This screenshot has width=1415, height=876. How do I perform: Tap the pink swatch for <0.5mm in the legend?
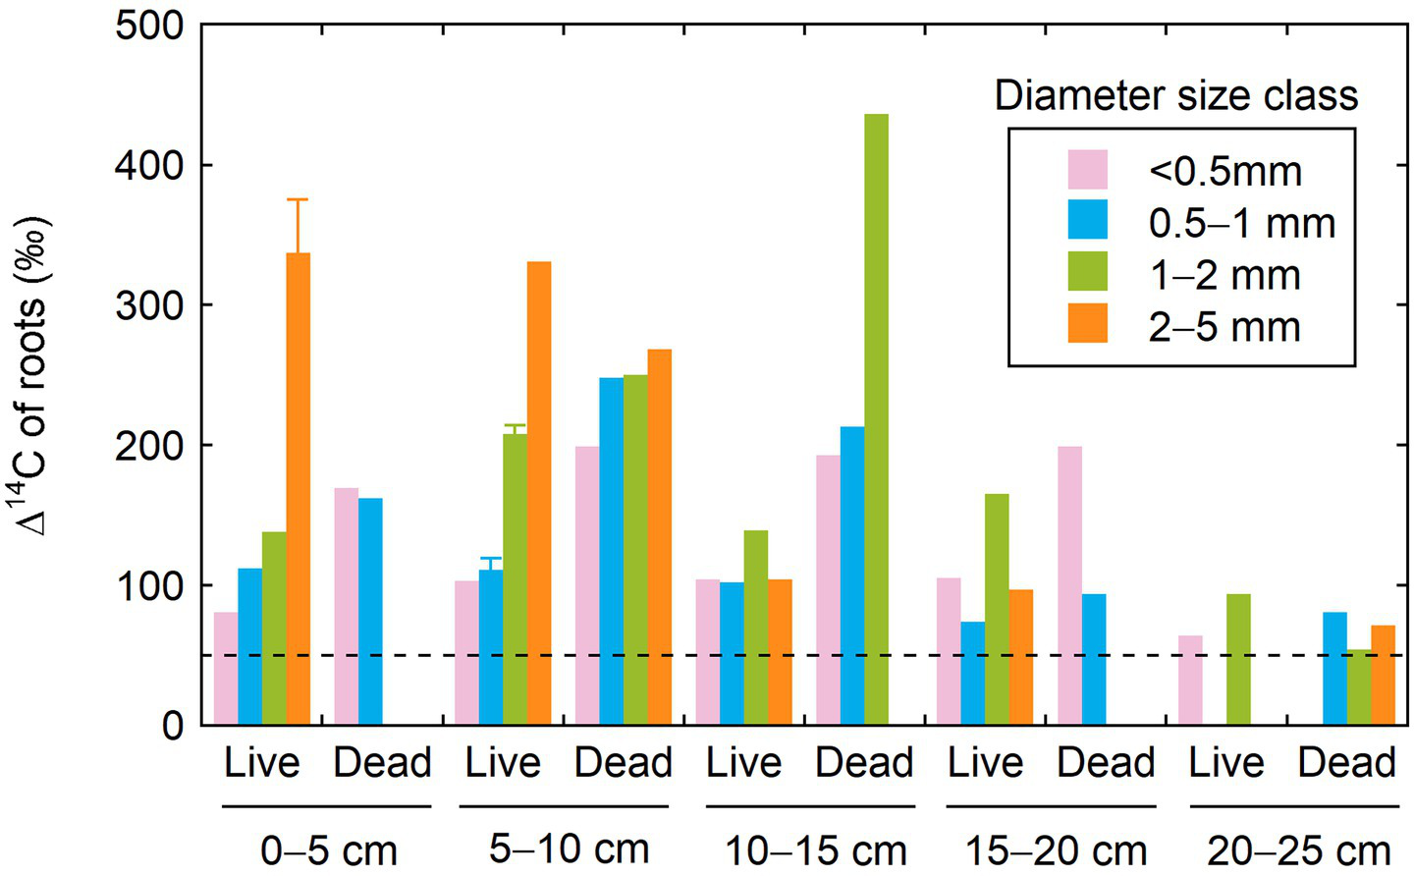pyautogui.click(x=1087, y=170)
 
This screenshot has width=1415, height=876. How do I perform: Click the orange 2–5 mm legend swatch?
pyautogui.click(x=1087, y=324)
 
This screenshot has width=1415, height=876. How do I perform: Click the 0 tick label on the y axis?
pyautogui.click(x=172, y=726)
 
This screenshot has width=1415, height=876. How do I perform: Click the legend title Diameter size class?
pyautogui.click(x=1175, y=96)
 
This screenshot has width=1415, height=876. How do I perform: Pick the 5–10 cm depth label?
pyautogui.click(x=569, y=849)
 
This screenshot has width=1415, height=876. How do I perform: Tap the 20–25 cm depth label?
pyautogui.click(x=1298, y=850)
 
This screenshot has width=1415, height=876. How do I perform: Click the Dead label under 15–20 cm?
pyautogui.click(x=1106, y=763)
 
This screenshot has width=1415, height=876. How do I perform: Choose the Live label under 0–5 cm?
pyautogui.click(x=261, y=763)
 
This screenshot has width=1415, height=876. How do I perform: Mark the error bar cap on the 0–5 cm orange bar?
pyautogui.click(x=298, y=199)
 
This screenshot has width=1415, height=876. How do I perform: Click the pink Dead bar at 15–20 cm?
pyautogui.click(x=1069, y=585)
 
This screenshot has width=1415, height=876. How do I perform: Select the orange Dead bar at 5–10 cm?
pyautogui.click(x=660, y=537)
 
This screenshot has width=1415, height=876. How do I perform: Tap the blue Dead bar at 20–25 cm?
pyautogui.click(x=1334, y=669)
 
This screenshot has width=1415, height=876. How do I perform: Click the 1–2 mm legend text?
pyautogui.click(x=1224, y=276)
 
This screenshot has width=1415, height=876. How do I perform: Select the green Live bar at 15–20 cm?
pyautogui.click(x=997, y=609)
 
